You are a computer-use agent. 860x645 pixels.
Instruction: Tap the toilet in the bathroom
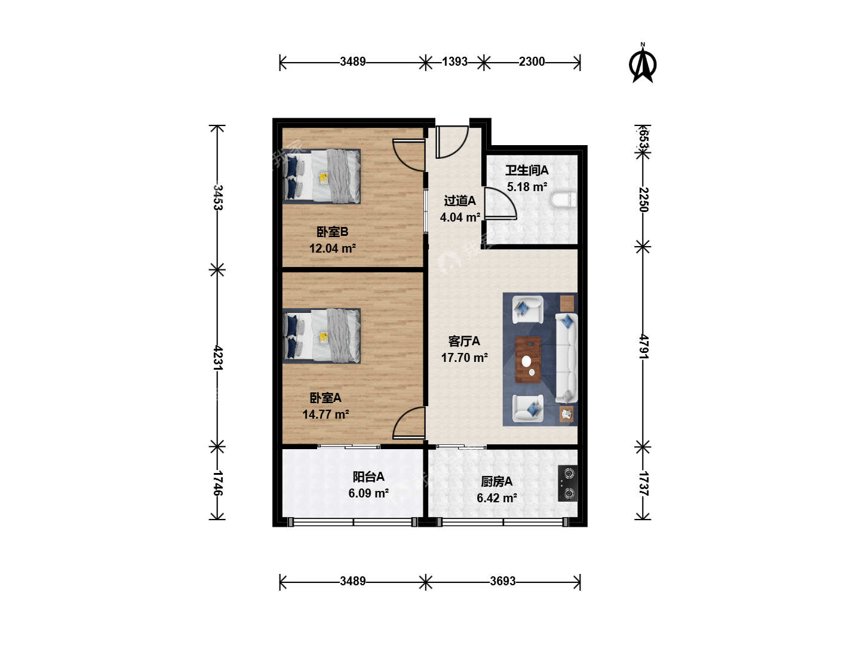coord(563,199)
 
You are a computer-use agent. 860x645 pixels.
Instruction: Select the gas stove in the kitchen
coord(568,483)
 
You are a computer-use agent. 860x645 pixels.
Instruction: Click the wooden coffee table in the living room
coord(528,359)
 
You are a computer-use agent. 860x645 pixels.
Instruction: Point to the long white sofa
coord(566,358)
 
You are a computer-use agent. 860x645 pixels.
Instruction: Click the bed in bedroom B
coord(321,176)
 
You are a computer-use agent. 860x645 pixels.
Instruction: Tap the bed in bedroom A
coord(321,336)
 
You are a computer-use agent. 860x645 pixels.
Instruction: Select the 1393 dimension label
coord(454,62)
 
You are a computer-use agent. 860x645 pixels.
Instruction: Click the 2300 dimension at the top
coord(532,62)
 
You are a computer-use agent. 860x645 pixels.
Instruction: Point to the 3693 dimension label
coord(503,580)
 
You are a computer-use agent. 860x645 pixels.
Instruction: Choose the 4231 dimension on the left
coord(218,358)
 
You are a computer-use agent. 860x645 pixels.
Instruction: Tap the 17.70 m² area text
coord(464,358)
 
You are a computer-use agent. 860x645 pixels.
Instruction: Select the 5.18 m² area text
coord(527,187)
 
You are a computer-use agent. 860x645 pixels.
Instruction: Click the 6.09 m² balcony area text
coord(368,493)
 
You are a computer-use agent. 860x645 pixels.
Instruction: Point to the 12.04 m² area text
coord(332,248)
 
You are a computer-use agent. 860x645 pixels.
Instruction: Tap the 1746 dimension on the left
coord(218,483)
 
